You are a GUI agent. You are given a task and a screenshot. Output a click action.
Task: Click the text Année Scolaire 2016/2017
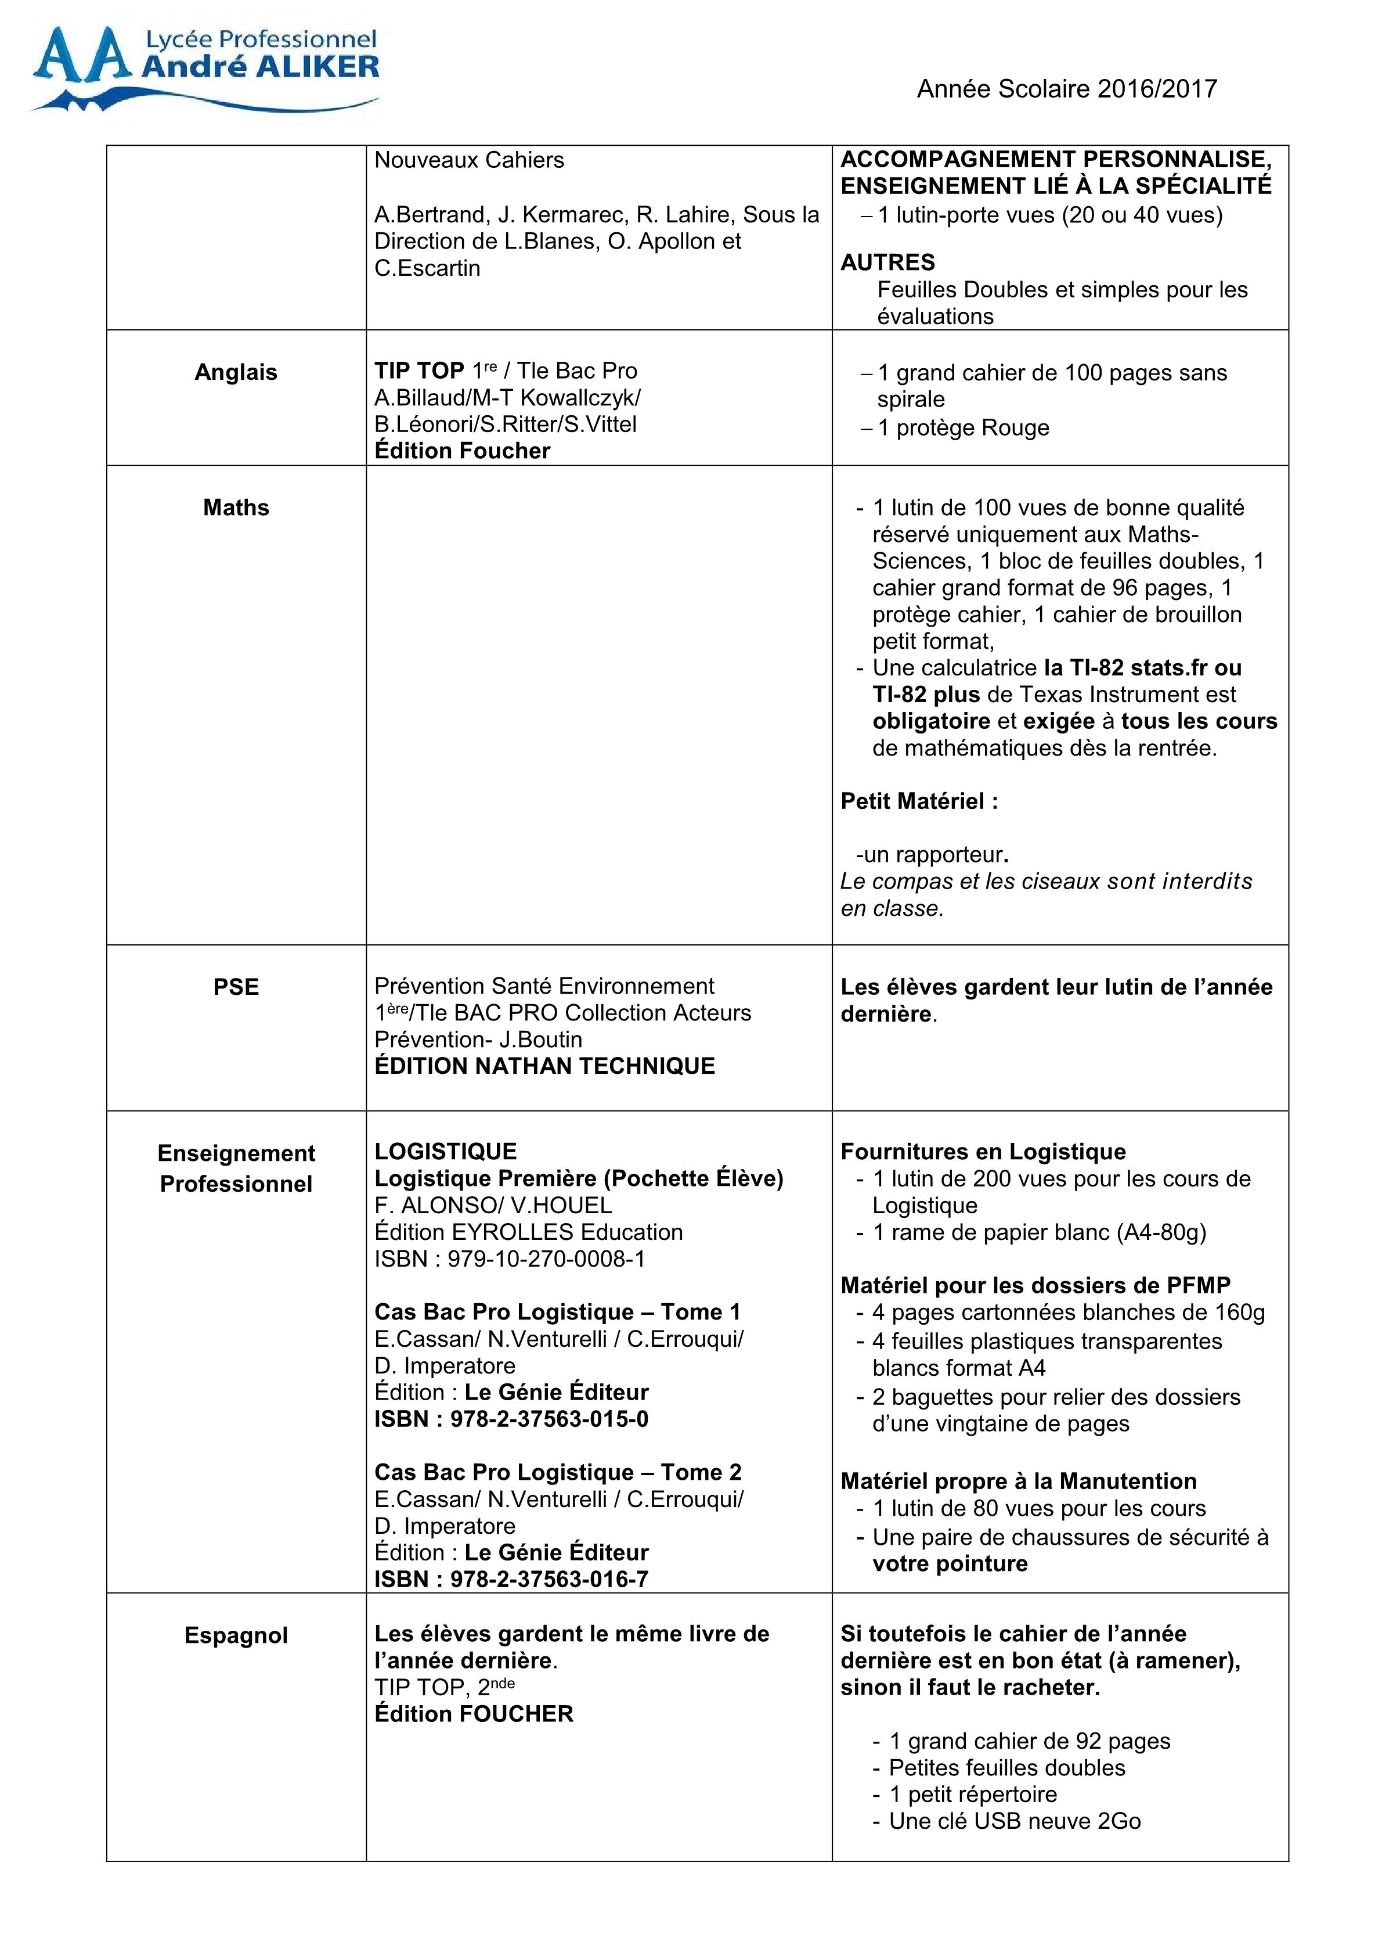pyautogui.click(x=1066, y=89)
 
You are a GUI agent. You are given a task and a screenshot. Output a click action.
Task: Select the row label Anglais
pyautogui.click(x=236, y=372)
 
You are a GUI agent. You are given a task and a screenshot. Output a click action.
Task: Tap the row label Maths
pyautogui.click(x=236, y=508)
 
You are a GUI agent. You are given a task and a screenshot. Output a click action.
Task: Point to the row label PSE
pyautogui.click(x=236, y=987)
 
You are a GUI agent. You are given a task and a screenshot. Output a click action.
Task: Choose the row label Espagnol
pyautogui.click(x=236, y=1635)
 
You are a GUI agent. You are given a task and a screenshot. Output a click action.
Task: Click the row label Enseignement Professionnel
pyautogui.click(x=236, y=1168)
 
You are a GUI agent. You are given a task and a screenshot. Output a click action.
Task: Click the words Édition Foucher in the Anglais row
pyautogui.click(x=463, y=451)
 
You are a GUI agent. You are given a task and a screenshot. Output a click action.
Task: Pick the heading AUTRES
pyautogui.click(x=887, y=263)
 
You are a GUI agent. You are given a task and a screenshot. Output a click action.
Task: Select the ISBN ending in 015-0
pyautogui.click(x=511, y=1418)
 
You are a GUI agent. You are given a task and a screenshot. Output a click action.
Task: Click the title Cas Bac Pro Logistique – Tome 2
pyautogui.click(x=558, y=1472)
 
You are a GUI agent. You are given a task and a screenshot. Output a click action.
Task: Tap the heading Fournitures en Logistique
pyautogui.click(x=983, y=1152)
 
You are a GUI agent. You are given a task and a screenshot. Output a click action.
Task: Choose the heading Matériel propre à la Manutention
pyautogui.click(x=1019, y=1480)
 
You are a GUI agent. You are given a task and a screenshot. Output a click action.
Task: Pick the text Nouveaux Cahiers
pyautogui.click(x=469, y=160)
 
